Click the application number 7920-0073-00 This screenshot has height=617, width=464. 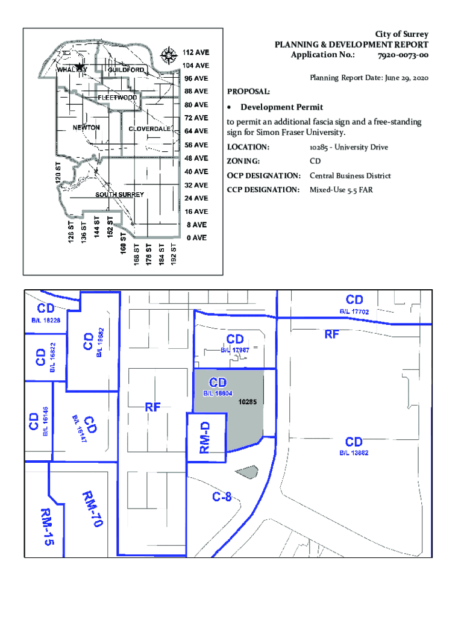[x=403, y=55]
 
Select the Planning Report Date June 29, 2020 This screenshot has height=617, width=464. [x=369, y=78]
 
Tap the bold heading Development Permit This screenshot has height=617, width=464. [x=282, y=107]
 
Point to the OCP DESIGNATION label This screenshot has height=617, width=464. [x=263, y=176]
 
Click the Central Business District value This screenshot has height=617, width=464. [x=350, y=176]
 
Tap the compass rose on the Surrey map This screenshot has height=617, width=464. [x=169, y=56]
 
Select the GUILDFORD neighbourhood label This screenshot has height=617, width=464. [x=126, y=70]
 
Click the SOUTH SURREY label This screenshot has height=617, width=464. [x=119, y=195]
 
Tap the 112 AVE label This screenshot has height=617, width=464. [x=196, y=52]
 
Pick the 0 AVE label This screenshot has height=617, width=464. [x=196, y=238]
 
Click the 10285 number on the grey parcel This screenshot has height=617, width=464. [x=248, y=401]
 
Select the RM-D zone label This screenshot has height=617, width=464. [x=204, y=437]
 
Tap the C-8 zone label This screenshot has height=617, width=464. [x=222, y=497]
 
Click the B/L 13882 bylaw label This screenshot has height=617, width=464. [x=354, y=452]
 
